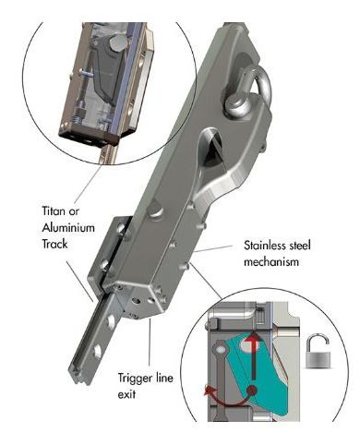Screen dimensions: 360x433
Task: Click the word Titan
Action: [x=54, y=211]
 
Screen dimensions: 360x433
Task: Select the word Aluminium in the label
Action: [x=68, y=228]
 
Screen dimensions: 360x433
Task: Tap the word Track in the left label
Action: [x=54, y=244]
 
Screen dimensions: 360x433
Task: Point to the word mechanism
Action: [x=271, y=262]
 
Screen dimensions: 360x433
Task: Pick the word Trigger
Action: [x=135, y=379]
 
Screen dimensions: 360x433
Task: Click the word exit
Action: [x=126, y=394]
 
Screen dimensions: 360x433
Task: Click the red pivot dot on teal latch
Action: [x=252, y=391]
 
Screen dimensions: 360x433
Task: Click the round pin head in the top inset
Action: [x=116, y=42]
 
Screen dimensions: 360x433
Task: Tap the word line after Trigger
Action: [x=163, y=378]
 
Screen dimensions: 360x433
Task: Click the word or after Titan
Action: [x=74, y=212]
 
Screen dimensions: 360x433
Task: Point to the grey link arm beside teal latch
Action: [x=220, y=380]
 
